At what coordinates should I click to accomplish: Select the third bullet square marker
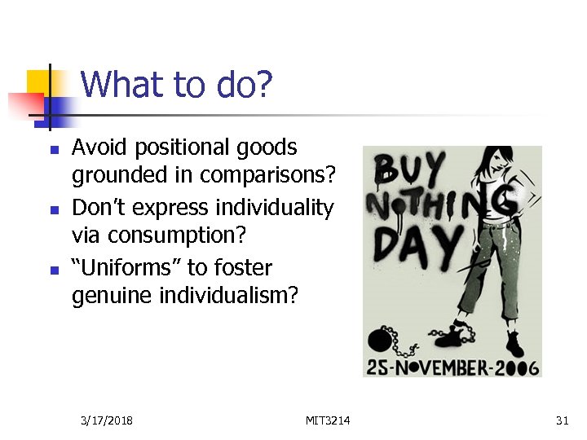point(53,271)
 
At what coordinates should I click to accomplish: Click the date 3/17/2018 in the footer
point(108,420)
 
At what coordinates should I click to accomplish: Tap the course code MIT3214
point(328,420)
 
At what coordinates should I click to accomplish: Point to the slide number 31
point(561,420)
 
